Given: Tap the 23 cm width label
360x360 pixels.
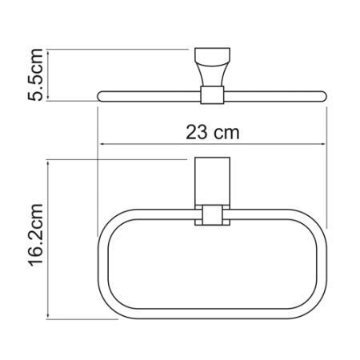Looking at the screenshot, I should pos(211,133).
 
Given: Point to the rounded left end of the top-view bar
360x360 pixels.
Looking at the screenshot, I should pos(100,96).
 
